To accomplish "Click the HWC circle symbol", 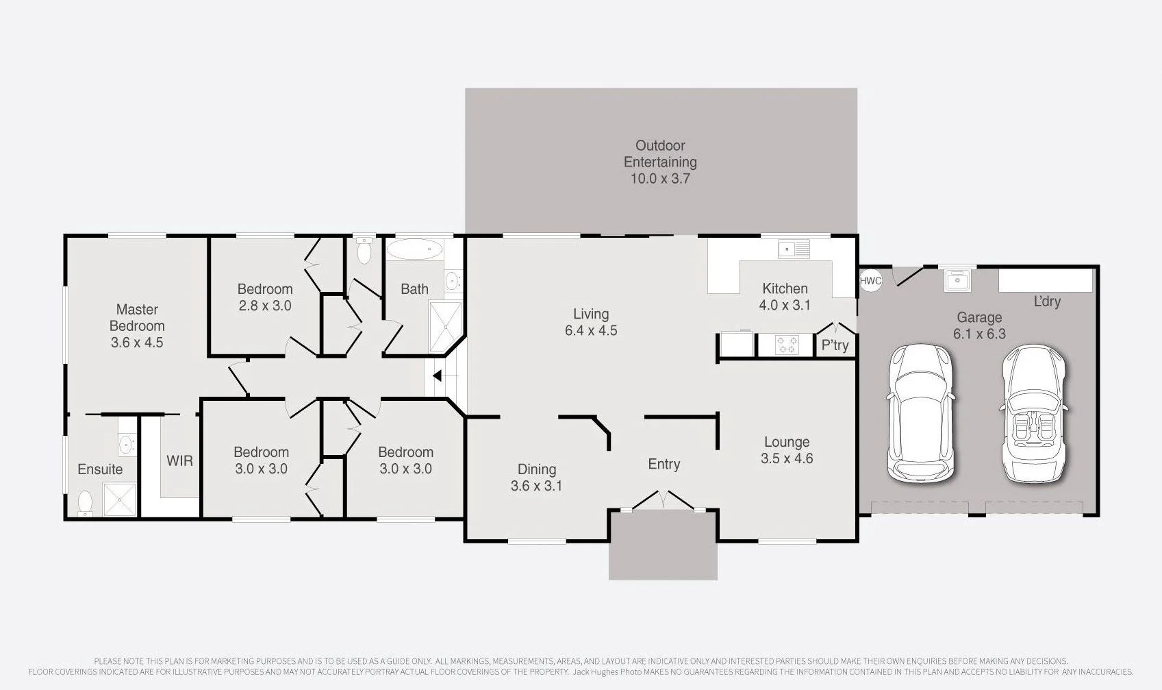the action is (870, 281).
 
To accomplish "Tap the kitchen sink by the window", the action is (794, 249).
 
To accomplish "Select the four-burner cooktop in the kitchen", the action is (787, 345).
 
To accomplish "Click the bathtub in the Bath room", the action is (414, 249).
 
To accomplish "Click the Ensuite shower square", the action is (120, 500).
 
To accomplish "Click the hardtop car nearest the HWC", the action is (921, 415).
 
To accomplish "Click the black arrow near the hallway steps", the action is (438, 375).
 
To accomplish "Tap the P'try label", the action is (835, 345).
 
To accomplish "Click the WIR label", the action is (179, 460).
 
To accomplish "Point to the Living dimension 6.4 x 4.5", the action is (591, 331).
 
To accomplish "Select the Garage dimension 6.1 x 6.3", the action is (979, 334).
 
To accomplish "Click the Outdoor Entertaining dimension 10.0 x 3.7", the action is (660, 179).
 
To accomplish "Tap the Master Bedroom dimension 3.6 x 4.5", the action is (137, 343).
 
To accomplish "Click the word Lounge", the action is (787, 442).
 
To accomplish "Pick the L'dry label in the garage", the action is (1048, 301).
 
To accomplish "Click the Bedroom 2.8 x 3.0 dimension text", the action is (265, 306).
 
